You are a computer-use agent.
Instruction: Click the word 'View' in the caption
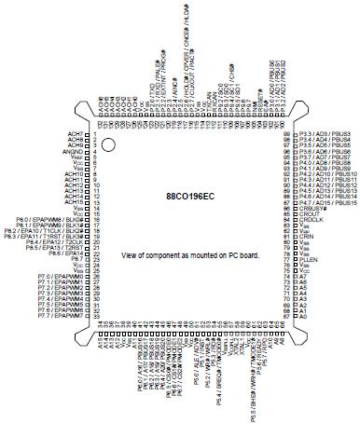tap(131, 253)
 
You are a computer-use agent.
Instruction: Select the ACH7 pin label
tap(74, 135)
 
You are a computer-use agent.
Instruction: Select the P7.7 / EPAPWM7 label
tap(63, 316)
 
